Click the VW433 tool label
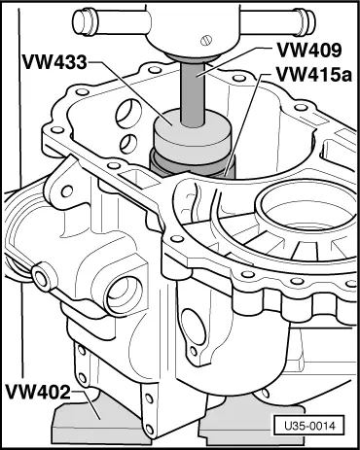(54, 61)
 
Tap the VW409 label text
(309, 51)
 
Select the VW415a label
(313, 75)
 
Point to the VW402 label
(38, 392)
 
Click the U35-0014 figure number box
(309, 426)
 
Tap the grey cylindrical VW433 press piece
(193, 133)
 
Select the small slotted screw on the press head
(206, 40)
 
